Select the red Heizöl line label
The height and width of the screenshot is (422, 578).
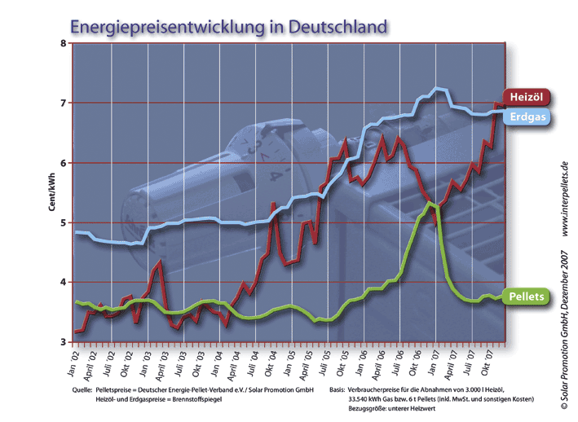pyautogui.click(x=526, y=97)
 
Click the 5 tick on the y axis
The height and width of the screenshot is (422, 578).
pyautogui.click(x=64, y=222)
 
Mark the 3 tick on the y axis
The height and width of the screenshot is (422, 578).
pyautogui.click(x=64, y=342)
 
